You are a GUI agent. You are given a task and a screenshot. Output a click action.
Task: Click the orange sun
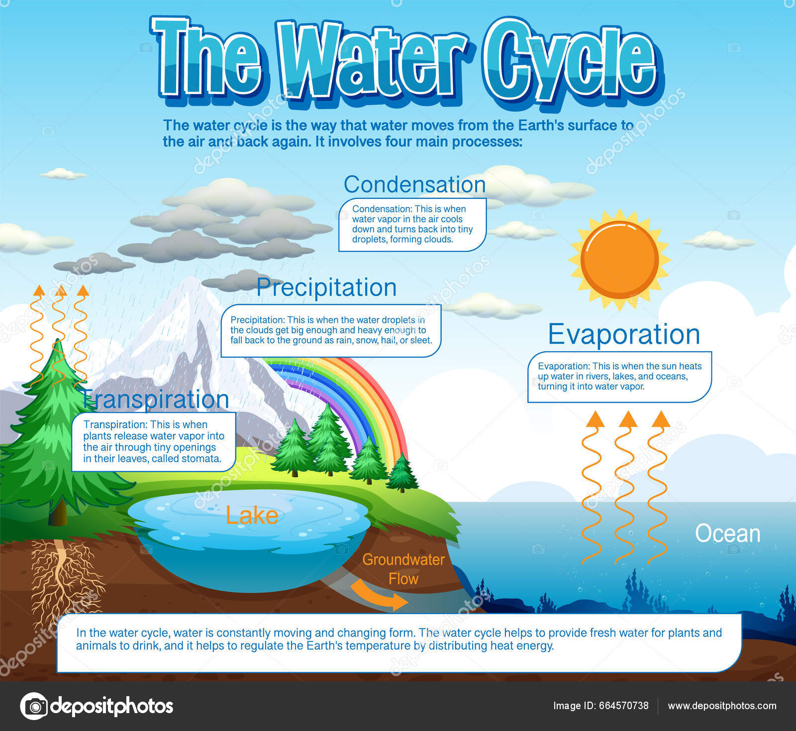(619, 260)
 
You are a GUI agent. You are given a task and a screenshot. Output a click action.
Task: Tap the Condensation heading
(414, 184)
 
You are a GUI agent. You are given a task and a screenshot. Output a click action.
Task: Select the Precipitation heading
(326, 287)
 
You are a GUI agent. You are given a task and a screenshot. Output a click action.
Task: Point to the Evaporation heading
(624, 334)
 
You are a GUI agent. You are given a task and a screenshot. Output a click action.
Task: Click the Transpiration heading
(155, 400)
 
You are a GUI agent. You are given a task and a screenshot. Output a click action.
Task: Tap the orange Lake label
(252, 516)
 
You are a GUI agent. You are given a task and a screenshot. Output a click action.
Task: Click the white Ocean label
(727, 534)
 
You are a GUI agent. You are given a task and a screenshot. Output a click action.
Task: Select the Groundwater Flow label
(403, 569)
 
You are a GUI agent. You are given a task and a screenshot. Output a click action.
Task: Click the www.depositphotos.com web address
(722, 706)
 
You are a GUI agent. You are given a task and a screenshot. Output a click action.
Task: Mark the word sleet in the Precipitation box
(420, 341)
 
